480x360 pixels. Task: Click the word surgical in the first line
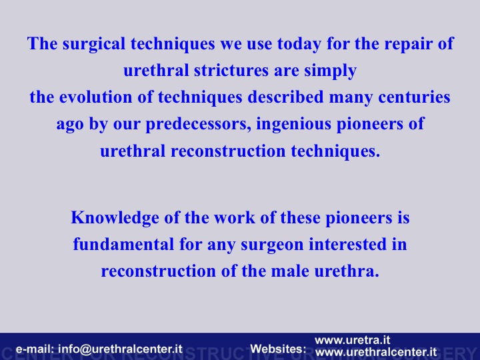[x=94, y=44]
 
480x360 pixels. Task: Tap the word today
[x=299, y=44]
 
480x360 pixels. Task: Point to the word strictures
[x=231, y=71]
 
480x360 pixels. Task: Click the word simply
[x=330, y=71]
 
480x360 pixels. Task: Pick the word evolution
[x=96, y=97]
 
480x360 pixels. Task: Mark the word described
[x=285, y=97]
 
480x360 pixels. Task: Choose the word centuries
[x=414, y=97]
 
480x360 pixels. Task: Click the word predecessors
[x=198, y=125]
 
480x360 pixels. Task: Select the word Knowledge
[x=115, y=218]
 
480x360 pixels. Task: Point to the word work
[x=235, y=217]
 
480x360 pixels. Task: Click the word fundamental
[x=124, y=244]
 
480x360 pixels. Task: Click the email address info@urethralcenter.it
[x=120, y=349]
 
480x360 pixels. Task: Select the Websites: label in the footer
[x=278, y=349]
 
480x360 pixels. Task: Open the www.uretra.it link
[x=353, y=340]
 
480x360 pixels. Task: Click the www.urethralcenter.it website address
[x=376, y=352]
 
